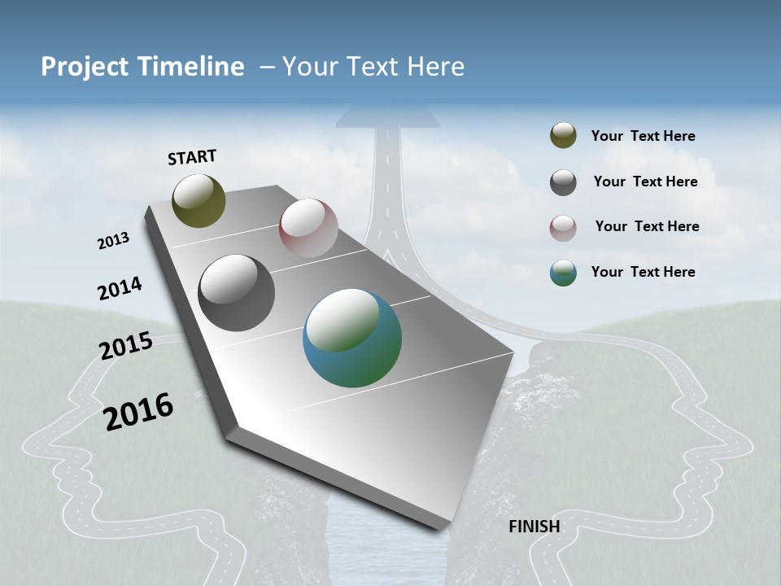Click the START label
coord(192,157)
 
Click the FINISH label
coord(534,527)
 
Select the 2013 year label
coord(114,240)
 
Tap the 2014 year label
coord(120,289)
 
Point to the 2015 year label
coord(126,346)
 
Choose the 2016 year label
coord(138,411)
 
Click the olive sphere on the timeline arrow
coord(199,200)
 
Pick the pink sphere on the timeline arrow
coord(308,228)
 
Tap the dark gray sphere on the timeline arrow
coord(236,293)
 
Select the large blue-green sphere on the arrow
coord(352,338)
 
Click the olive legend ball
coord(563,136)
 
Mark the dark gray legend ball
coord(563,182)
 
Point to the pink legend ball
coord(563,228)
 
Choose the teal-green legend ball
coord(563,273)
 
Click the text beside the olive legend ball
coord(643,136)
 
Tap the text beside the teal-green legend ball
coord(643,272)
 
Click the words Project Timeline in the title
coord(142,67)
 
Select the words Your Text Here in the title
coord(373,67)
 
